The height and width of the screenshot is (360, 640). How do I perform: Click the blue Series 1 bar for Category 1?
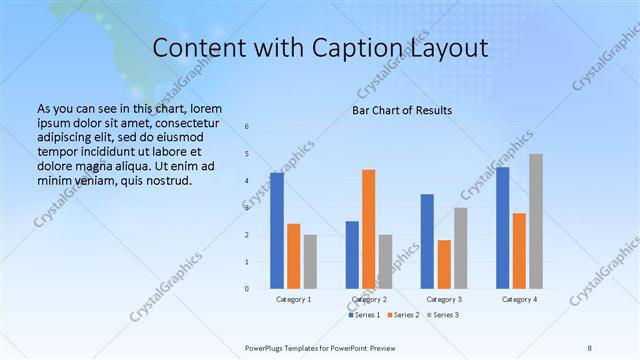[277, 231]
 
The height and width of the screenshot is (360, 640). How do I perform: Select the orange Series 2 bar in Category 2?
[369, 229]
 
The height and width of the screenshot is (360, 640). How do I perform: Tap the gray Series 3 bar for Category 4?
[536, 221]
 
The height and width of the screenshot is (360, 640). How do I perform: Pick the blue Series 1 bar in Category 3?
[427, 241]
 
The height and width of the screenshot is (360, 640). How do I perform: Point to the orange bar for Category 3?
[444, 264]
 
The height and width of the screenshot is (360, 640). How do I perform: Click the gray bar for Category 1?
[310, 262]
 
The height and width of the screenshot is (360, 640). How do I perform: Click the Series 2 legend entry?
[404, 315]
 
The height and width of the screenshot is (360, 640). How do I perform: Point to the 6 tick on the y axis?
[248, 126]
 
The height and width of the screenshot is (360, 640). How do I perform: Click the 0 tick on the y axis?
[248, 289]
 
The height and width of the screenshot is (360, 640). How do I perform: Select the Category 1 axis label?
[293, 299]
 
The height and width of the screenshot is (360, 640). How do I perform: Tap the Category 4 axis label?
[519, 299]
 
